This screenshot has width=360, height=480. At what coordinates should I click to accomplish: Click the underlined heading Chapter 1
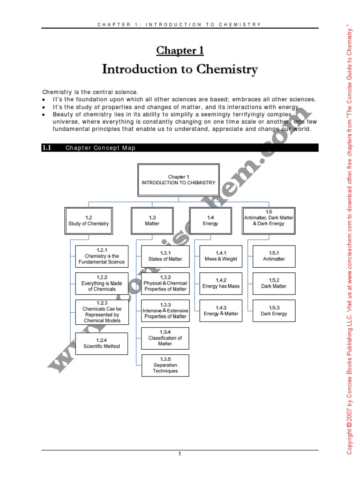pos(180,51)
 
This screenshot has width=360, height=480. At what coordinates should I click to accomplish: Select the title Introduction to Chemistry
pos(180,70)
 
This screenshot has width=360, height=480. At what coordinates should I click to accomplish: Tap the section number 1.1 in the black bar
pos(46,148)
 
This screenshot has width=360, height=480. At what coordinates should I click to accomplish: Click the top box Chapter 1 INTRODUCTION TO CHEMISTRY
pos(178,180)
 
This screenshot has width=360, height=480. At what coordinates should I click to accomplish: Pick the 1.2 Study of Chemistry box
pos(89,221)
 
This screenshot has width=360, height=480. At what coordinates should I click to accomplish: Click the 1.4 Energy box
pos(210,221)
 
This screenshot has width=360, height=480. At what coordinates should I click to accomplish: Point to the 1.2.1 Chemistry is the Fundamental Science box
pos(102,256)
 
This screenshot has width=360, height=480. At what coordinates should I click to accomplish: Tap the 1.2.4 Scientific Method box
pos(102,344)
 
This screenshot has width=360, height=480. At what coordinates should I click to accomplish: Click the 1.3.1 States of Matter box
pos(165,256)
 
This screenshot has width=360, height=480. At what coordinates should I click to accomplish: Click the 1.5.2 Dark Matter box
pos(274,284)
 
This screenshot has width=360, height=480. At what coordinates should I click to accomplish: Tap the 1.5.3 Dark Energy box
pos(274,311)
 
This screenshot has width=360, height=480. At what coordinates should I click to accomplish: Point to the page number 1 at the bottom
pos(180,454)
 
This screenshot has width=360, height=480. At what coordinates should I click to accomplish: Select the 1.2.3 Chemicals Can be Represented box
pos(102,312)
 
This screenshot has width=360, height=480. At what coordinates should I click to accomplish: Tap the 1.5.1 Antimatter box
pos(274,256)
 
